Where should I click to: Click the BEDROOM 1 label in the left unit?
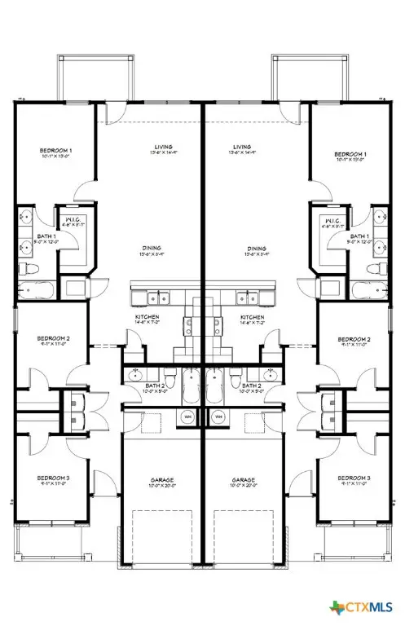pos(57,151)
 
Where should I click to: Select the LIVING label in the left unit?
pos(163,148)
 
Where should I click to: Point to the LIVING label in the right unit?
pos(243,148)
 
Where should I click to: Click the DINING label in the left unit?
pos(148,248)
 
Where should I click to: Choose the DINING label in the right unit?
pos(258,248)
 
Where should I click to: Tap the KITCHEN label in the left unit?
pos(147,316)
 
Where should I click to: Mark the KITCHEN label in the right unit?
pos(252,316)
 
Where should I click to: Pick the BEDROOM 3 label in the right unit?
pos(354,477)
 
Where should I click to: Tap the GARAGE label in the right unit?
pos(244,479)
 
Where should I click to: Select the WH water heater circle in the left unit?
pos(187,417)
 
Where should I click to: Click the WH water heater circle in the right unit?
pos(218,417)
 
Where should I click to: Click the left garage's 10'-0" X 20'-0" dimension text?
pos(162,486)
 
